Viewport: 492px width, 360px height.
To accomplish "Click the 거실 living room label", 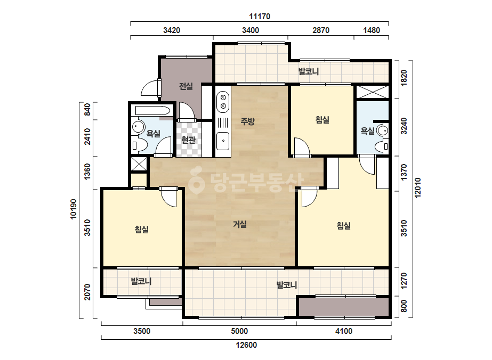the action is tap(240, 224).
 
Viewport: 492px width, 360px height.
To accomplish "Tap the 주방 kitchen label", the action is tap(247, 121).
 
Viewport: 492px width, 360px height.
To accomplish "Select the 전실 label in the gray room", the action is tap(185, 86).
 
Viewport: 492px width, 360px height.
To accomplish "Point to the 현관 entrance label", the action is tap(188, 140).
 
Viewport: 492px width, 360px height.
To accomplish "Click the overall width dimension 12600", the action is tap(246, 345).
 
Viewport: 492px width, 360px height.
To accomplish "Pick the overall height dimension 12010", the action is tap(417, 188).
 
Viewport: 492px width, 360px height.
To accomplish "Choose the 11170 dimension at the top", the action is tap(260, 17).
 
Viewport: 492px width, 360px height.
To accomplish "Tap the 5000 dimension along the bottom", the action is tap(239, 331).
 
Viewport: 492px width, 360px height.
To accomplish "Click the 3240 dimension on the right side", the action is tap(404, 126).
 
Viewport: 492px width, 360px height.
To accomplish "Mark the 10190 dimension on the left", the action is tap(73, 209).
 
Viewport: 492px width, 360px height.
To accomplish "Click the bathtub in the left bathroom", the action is tap(152, 111).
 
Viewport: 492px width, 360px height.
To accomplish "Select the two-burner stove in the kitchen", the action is tap(223, 102).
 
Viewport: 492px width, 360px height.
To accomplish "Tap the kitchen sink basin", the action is tap(223, 141).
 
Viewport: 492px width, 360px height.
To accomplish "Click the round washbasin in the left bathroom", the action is tap(137, 127).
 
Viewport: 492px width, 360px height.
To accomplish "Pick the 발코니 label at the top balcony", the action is tap(309, 71).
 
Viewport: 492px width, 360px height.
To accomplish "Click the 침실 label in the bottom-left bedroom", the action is tap(141, 229).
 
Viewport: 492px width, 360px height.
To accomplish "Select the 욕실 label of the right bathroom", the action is tap(367, 130).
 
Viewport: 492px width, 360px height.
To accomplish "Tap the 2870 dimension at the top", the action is tap(321, 30).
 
